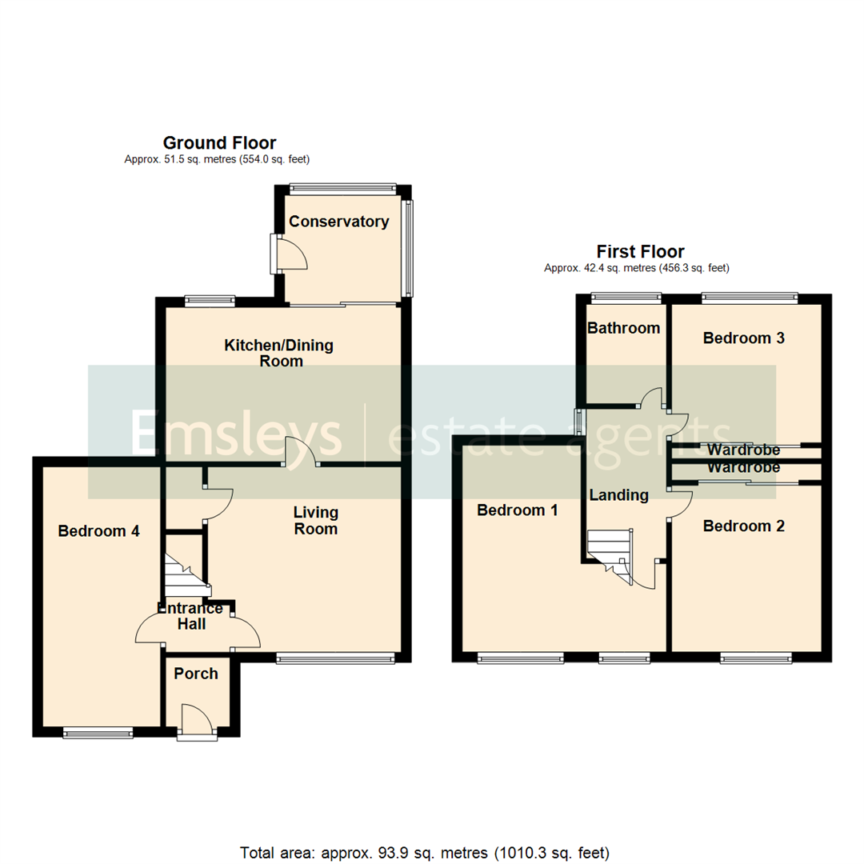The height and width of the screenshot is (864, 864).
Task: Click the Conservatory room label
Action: tap(339, 222)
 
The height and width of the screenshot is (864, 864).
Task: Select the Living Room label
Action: tap(315, 520)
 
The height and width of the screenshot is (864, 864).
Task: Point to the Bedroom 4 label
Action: tap(99, 530)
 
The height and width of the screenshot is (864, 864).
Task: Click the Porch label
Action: tap(196, 674)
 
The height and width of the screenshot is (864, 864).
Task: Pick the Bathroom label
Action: tap(624, 328)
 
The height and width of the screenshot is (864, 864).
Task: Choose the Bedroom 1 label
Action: tap(517, 510)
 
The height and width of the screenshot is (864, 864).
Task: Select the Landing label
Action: tap(618, 495)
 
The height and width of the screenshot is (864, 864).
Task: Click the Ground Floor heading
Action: tap(219, 143)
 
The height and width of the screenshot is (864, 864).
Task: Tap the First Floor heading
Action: tap(640, 252)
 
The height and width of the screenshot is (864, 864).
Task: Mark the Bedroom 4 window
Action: tap(98, 730)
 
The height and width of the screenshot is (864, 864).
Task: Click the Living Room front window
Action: tap(335, 658)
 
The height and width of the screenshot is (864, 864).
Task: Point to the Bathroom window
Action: tap(626, 298)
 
